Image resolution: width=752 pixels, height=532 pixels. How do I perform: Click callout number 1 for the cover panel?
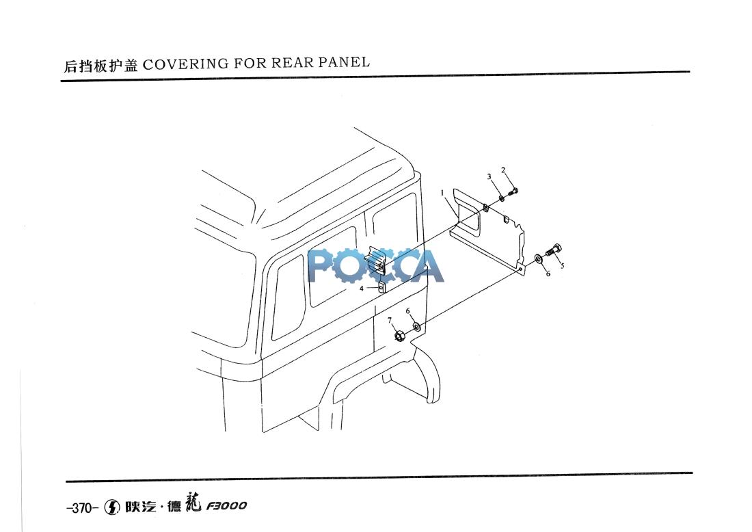(x=443, y=192)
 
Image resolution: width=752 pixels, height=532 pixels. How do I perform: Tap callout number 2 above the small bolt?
(x=503, y=170)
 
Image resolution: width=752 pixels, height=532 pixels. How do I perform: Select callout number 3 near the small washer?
(x=489, y=176)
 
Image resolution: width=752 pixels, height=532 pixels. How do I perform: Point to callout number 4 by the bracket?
(x=362, y=289)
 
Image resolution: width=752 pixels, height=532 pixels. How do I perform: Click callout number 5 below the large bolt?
(x=562, y=265)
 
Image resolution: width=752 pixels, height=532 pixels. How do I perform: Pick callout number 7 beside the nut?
(x=390, y=320)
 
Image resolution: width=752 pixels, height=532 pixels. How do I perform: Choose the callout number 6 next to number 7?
(x=408, y=311)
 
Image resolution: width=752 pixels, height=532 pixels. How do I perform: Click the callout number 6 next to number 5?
(x=548, y=274)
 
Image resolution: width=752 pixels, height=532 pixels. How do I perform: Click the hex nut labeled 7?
(x=400, y=336)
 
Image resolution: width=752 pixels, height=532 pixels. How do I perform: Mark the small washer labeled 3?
(x=501, y=198)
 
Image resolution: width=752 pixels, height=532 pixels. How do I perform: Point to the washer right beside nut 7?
(x=418, y=328)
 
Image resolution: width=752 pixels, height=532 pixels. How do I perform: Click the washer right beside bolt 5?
(x=539, y=258)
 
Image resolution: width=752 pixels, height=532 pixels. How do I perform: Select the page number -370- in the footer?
(x=82, y=507)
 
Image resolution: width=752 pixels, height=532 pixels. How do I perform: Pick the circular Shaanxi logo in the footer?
(x=113, y=507)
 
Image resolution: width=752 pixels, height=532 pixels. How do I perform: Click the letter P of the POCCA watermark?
(x=321, y=266)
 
